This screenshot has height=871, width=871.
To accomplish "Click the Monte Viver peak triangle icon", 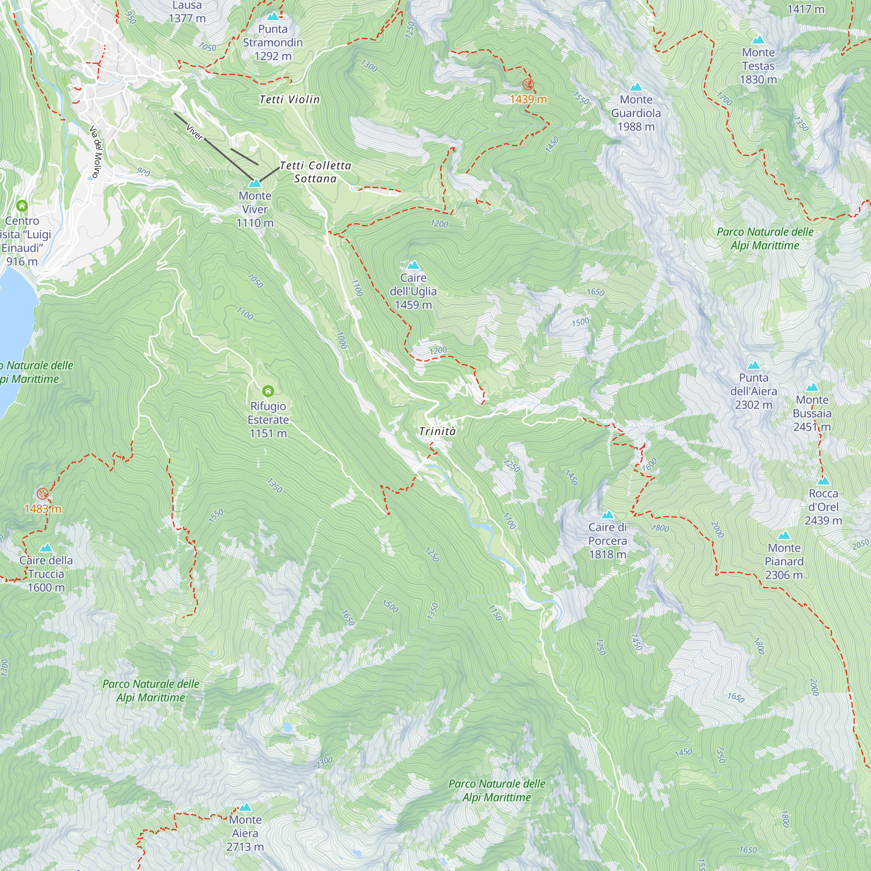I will (x=255, y=183).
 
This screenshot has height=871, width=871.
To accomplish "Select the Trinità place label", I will (x=437, y=432).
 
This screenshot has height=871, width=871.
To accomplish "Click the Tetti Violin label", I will (x=290, y=100).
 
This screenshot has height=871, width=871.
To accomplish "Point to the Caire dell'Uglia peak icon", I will (x=413, y=265).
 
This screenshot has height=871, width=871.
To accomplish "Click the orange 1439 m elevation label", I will (x=528, y=99).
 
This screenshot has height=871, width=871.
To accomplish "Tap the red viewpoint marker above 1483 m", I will (x=42, y=494).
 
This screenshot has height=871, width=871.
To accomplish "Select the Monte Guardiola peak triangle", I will (x=636, y=87).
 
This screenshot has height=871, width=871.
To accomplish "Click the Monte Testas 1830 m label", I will (x=758, y=66).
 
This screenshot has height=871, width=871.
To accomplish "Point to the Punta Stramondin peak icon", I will (x=273, y=17).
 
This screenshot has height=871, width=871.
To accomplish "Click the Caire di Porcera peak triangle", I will (x=607, y=515).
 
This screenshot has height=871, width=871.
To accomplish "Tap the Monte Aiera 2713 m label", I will (x=245, y=833).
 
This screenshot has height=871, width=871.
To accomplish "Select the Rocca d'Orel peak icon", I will (x=823, y=481).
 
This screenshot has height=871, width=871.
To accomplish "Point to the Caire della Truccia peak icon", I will (x=46, y=548).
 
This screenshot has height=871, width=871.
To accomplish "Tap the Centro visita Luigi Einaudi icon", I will (x=22, y=206).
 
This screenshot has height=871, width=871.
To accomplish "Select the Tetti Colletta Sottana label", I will (x=315, y=172).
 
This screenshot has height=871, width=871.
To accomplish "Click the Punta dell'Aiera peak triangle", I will (x=753, y=365).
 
